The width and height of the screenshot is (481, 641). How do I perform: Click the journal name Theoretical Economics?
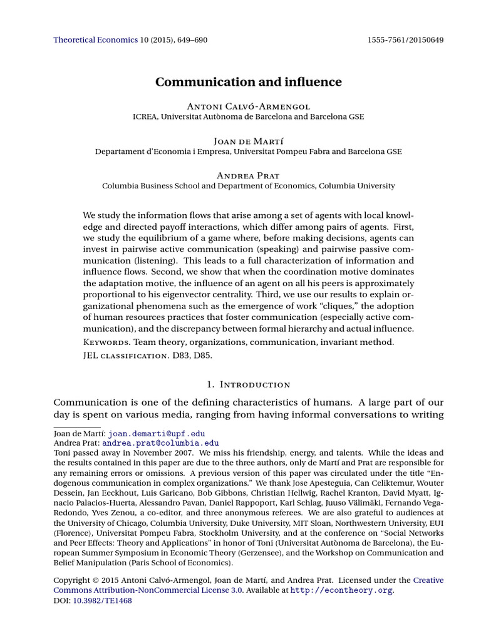(95, 40)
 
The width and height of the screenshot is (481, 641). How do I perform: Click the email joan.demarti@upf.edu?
(157, 433)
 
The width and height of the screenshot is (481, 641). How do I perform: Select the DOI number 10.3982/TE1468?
(103, 600)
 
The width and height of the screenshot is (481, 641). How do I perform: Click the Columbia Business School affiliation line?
(249, 186)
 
